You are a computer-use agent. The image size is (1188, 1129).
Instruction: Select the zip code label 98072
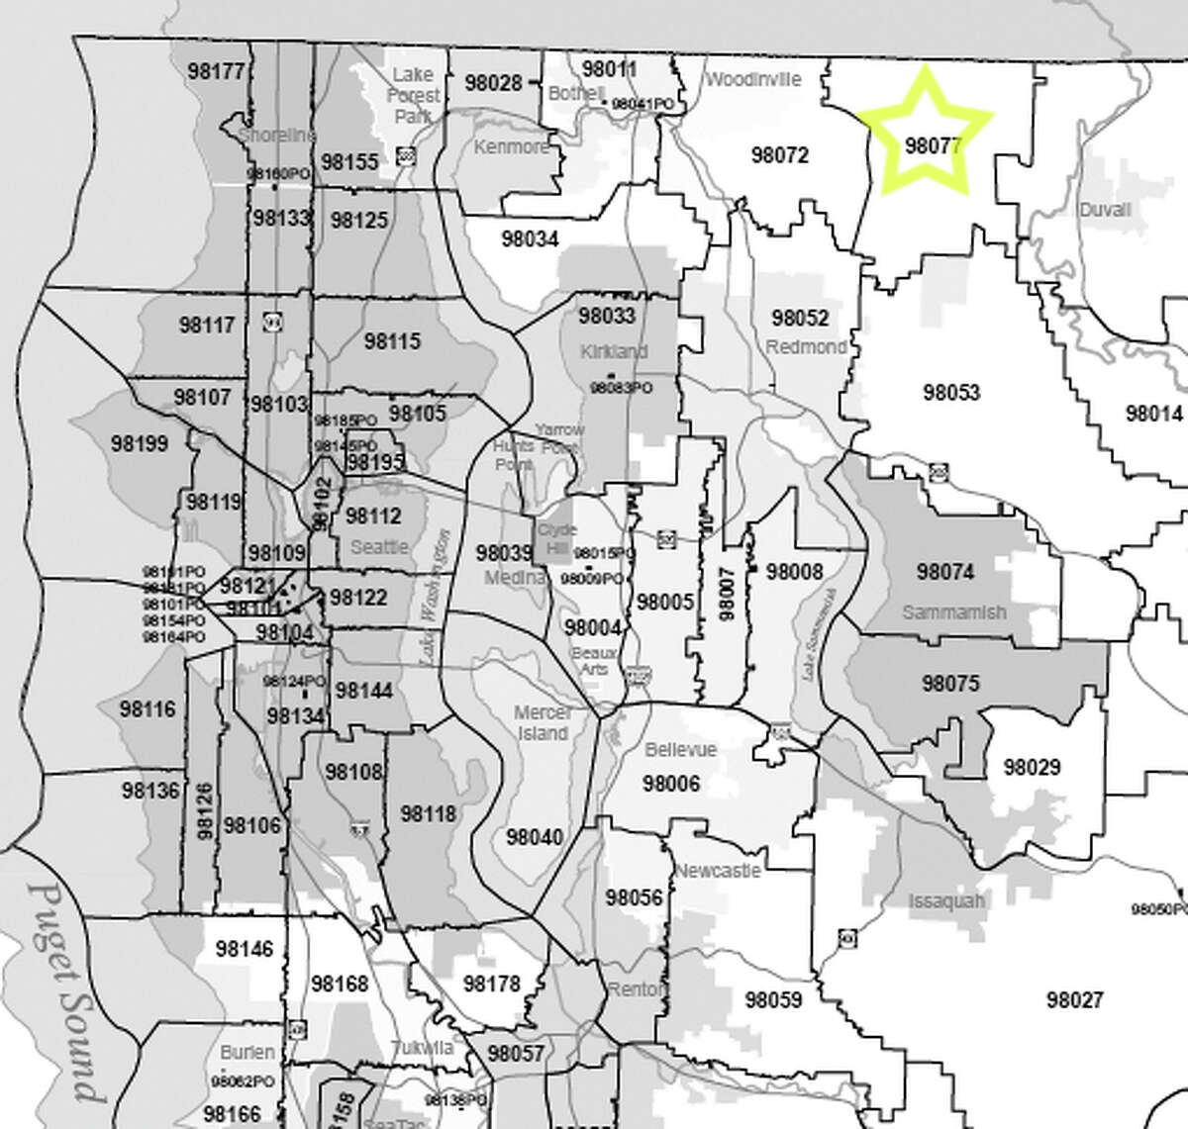(x=779, y=155)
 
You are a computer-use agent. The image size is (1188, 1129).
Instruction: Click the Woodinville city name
(x=751, y=80)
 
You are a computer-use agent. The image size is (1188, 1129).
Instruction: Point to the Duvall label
(x=1105, y=210)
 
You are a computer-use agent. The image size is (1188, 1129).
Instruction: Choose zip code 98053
(x=951, y=393)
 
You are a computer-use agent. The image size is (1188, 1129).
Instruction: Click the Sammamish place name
(x=954, y=612)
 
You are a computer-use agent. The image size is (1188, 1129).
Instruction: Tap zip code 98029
(x=1032, y=767)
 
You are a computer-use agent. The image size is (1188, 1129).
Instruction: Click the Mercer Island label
(x=543, y=723)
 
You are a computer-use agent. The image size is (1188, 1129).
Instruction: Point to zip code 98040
(x=534, y=838)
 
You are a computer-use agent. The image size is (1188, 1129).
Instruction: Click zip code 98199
(x=140, y=442)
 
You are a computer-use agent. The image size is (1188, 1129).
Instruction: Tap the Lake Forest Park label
(x=414, y=95)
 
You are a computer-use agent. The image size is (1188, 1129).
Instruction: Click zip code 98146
(x=243, y=950)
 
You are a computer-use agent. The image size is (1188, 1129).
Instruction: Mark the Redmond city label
(x=806, y=347)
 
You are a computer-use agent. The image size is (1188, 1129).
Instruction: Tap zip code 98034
(x=530, y=238)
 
